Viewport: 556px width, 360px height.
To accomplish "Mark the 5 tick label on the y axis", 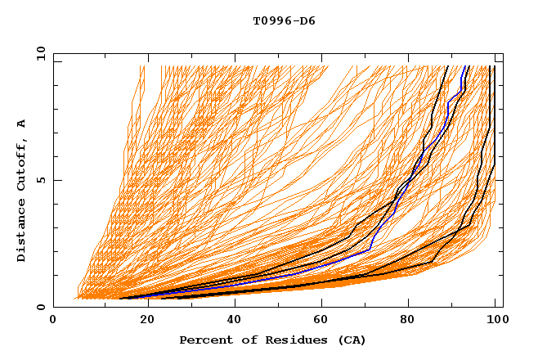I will [41, 180].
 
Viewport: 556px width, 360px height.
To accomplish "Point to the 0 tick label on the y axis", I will [41, 307].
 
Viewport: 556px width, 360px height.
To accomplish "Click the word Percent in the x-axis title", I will [204, 340].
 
